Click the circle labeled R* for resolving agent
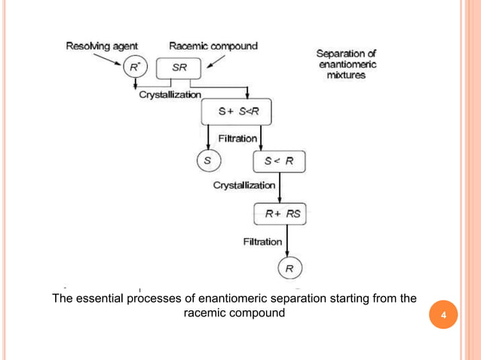point(134,68)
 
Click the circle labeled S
point(207,160)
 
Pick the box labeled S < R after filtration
point(278,160)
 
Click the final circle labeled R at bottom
point(289,267)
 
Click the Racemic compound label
point(213,46)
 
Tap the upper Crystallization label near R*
point(170,95)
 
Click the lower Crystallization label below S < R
point(244,185)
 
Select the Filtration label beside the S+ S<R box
point(238,139)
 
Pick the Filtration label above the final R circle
point(263,242)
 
